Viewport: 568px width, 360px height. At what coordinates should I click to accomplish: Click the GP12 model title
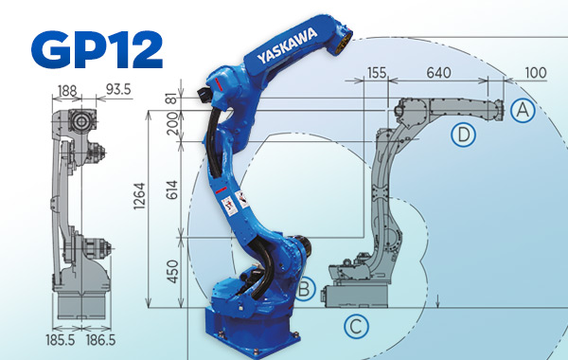(98, 49)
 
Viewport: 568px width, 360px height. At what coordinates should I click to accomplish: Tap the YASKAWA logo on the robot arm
(287, 45)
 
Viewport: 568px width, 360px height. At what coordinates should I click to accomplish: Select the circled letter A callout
(523, 110)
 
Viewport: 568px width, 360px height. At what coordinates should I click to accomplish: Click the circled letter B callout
(306, 289)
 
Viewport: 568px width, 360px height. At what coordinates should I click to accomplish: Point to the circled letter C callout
(357, 326)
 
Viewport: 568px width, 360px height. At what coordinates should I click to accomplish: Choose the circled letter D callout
(463, 135)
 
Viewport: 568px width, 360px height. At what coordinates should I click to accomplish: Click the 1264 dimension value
(139, 196)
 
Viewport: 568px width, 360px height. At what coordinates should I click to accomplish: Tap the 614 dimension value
(171, 190)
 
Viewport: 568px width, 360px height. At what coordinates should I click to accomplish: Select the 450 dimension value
(171, 272)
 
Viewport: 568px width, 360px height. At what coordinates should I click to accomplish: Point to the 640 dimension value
(438, 73)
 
